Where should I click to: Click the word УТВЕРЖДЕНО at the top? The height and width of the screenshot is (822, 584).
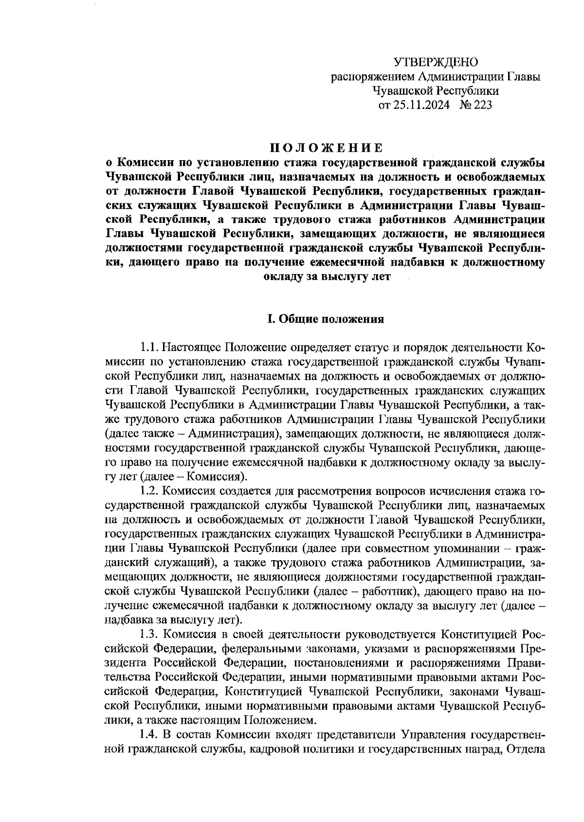[x=436, y=62]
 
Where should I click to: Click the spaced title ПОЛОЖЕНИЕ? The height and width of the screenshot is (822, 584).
[x=326, y=147]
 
